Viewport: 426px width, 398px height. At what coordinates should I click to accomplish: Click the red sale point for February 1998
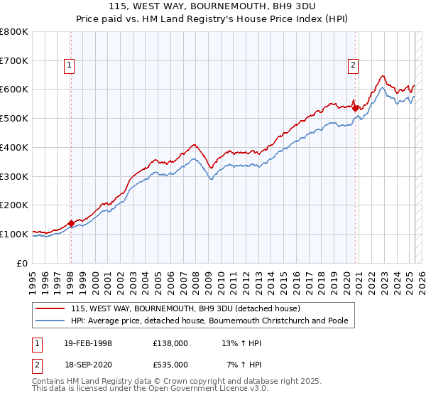click(x=71, y=222)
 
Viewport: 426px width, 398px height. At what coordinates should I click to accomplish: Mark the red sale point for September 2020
click(x=355, y=109)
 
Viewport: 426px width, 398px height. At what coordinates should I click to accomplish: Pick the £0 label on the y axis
click(x=23, y=263)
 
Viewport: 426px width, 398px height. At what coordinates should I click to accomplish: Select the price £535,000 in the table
click(x=170, y=365)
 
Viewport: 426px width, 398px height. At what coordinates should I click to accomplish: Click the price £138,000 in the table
click(x=170, y=343)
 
